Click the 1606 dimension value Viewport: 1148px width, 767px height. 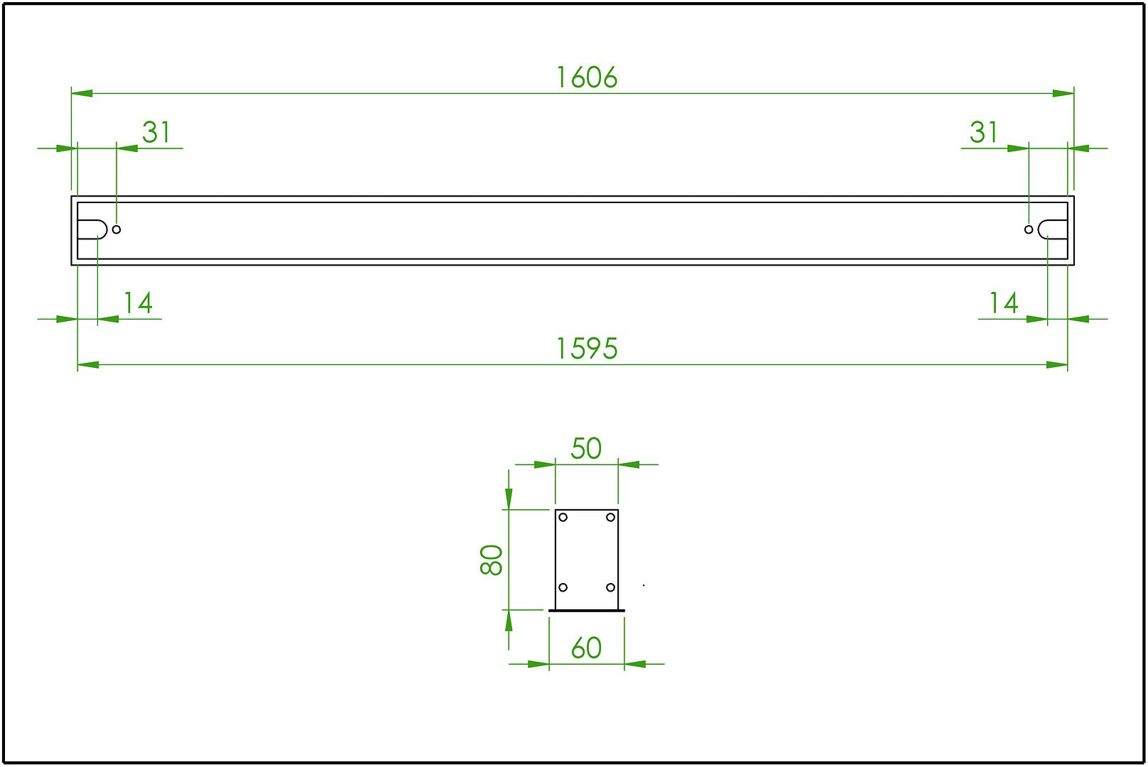587,78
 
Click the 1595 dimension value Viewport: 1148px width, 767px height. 587,349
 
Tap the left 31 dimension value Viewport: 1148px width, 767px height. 156,132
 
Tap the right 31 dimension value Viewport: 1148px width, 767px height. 983,132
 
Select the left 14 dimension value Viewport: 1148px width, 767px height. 138,303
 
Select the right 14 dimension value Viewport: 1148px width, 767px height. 1004,303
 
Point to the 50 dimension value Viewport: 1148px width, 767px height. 586,448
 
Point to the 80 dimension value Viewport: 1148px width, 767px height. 491,560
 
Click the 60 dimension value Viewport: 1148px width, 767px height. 586,648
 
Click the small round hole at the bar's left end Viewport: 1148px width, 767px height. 117,229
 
